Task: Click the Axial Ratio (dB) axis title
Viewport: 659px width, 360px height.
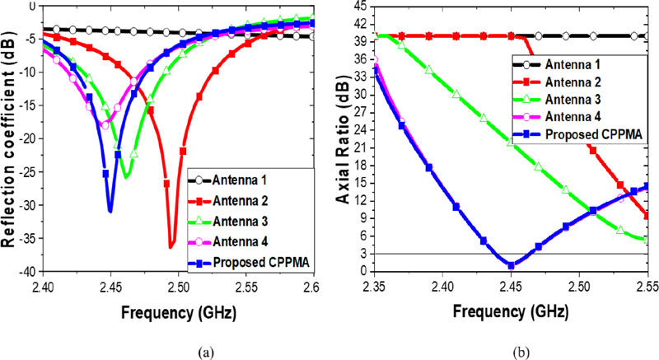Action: coord(340,136)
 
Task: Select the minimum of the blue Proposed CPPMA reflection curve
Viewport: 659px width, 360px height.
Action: coord(110,211)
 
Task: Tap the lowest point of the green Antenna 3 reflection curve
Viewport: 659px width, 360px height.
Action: coord(126,176)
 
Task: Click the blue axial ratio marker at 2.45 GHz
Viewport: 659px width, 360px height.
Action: coord(512,265)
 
